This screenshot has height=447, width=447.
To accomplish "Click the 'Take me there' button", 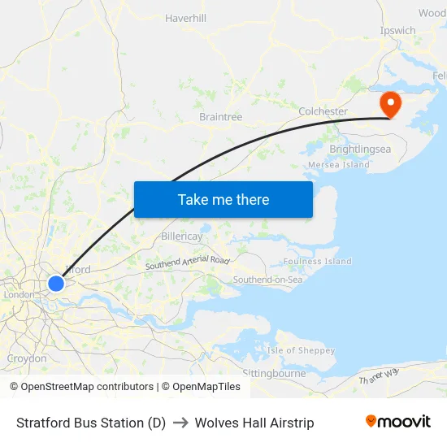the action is (x=223, y=199).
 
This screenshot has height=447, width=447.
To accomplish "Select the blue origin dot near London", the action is (x=55, y=283).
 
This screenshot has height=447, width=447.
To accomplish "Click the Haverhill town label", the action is (x=186, y=18).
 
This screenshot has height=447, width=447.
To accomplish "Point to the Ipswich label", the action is (x=397, y=31).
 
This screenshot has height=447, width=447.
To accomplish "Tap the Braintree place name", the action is (x=221, y=117).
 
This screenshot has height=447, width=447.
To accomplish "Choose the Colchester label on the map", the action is (x=323, y=111).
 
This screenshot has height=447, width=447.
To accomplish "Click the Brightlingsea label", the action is (x=360, y=150).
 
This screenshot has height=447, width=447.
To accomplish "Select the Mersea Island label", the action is (x=339, y=165).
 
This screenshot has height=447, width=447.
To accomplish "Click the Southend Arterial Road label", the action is (x=188, y=263).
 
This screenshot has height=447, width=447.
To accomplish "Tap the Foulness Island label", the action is (x=317, y=262).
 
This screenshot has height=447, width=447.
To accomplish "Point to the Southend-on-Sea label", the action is (x=267, y=280).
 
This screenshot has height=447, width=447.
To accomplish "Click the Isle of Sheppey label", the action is (x=301, y=350).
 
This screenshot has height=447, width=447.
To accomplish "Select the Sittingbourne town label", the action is (x=274, y=373).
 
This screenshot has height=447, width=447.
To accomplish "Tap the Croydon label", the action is (x=27, y=358).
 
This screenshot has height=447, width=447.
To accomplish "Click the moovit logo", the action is (x=398, y=422).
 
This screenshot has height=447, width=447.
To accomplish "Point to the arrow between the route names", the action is (x=180, y=423).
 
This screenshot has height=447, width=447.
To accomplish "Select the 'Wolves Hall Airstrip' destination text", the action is (x=254, y=423).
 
